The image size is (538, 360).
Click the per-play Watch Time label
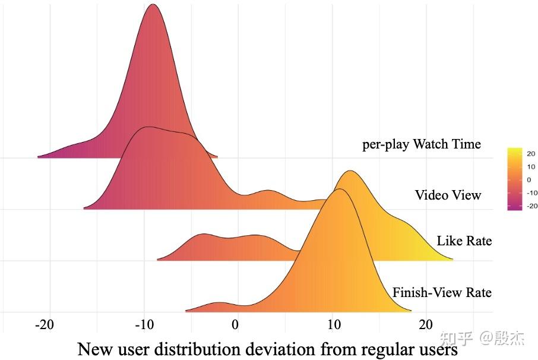tap(422, 144)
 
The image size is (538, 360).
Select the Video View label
tap(448, 195)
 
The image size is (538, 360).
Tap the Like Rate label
tap(464, 241)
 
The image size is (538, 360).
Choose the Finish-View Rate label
tap(442, 292)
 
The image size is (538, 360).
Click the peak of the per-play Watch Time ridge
tap(154, 5)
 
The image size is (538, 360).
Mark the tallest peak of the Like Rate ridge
tap(351, 171)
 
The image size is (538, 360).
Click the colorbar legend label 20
tap(530, 153)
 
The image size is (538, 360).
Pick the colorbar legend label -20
tap(531, 206)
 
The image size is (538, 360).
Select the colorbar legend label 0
tap(528, 179)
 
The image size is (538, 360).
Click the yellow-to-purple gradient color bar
tap(514, 179)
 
